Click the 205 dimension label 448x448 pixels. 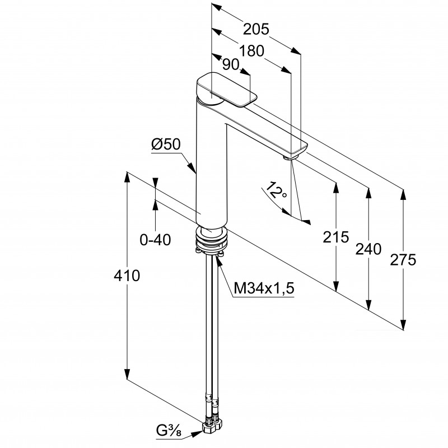pos(256,29)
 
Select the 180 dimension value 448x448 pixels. pos(251,52)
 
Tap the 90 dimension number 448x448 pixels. pos(231,64)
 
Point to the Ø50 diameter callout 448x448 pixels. pos(166,144)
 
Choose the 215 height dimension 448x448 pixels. pos(336,237)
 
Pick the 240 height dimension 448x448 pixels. pos(368,249)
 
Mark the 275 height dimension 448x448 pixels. pos(403,260)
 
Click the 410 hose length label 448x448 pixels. pos(127,276)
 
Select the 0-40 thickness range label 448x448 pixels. pos(155,240)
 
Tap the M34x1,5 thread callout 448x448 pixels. pos(264,288)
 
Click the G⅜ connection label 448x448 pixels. pos(169,431)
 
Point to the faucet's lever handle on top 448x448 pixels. pos(227,90)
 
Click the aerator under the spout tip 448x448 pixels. pos(291,157)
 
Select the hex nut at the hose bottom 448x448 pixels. pos(212,426)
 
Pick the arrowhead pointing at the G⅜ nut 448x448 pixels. pos(197,434)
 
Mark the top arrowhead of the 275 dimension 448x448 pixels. pos(403,195)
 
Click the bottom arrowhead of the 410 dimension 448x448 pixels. pos(127,374)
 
